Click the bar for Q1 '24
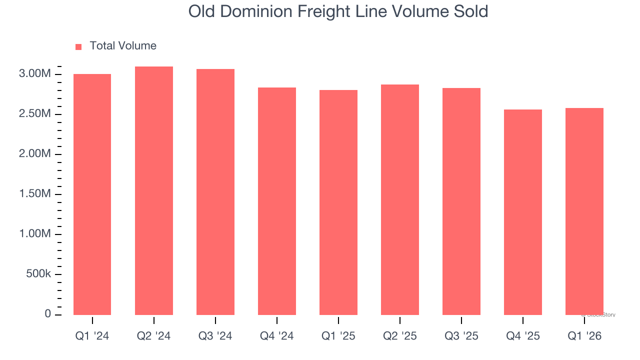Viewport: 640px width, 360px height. tap(92, 194)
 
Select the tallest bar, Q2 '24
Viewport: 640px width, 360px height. tap(153, 190)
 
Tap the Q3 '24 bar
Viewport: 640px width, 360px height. tap(215, 192)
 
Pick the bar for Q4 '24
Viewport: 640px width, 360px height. tap(276, 201)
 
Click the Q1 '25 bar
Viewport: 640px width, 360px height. tap(338, 202)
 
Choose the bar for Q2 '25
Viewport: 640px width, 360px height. tap(399, 199)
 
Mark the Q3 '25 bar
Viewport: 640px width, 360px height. tap(461, 201)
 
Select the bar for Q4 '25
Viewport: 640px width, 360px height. tap(522, 212)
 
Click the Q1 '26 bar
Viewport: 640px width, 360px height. tap(584, 211)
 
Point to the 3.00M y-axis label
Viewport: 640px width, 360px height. tap(34, 74)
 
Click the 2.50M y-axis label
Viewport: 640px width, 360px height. tap(34, 114)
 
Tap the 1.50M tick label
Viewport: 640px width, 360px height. tap(34, 194)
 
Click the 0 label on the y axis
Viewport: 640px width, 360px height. tap(47, 314)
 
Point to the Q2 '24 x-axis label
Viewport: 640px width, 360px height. tap(153, 336)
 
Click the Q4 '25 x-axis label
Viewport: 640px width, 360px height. tap(522, 336)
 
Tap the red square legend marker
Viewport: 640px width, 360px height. tap(78, 46)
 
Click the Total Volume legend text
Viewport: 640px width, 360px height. tap(123, 46)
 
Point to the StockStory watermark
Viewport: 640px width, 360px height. tap(598, 315)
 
